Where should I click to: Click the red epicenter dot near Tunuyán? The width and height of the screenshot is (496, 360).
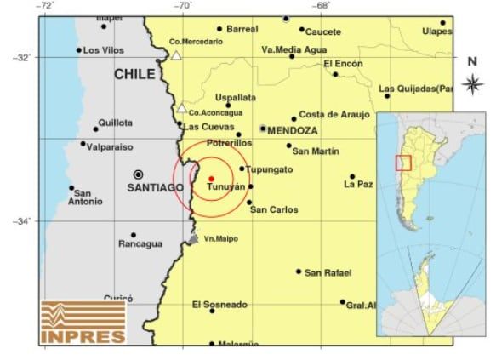point(210,178)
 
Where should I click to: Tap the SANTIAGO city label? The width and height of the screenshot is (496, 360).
point(155,186)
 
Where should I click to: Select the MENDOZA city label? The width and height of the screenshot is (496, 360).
point(293,131)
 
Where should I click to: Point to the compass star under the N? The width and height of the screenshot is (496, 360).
point(472,83)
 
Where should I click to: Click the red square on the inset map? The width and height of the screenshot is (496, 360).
point(403,162)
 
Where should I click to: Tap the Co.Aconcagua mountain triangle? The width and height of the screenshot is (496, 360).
point(181,108)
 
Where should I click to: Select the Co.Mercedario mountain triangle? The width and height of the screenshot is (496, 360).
point(176,55)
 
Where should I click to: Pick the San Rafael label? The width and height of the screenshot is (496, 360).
point(328,272)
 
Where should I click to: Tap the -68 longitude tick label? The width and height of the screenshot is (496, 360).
point(321,6)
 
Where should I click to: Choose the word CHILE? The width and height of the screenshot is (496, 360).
point(135,75)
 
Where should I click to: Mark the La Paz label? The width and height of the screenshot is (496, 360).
point(359,184)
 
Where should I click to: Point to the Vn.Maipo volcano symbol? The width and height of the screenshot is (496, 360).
point(194,238)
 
